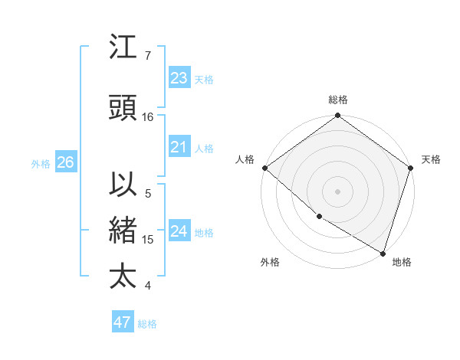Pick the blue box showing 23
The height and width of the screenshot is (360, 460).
coord(179,78)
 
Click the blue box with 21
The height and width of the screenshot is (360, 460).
coord(179,147)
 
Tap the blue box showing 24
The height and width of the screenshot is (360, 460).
coord(179,231)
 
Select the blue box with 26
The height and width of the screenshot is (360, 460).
coord(66,162)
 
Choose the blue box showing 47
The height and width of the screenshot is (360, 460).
coord(123,322)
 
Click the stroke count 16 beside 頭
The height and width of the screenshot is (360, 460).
coord(148,117)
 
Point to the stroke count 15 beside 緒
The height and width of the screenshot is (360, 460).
coord(148,240)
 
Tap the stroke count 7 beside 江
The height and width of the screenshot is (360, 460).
coord(148,56)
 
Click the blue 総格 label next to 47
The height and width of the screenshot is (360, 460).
coord(147,324)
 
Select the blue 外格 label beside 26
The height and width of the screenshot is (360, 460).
coord(41,164)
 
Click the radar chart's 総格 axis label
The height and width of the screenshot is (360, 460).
coord(338,100)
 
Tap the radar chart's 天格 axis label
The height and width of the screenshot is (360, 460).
coord(431,159)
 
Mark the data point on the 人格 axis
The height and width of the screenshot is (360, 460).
coord(264,168)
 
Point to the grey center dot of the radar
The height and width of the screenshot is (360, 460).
coord(338,191)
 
